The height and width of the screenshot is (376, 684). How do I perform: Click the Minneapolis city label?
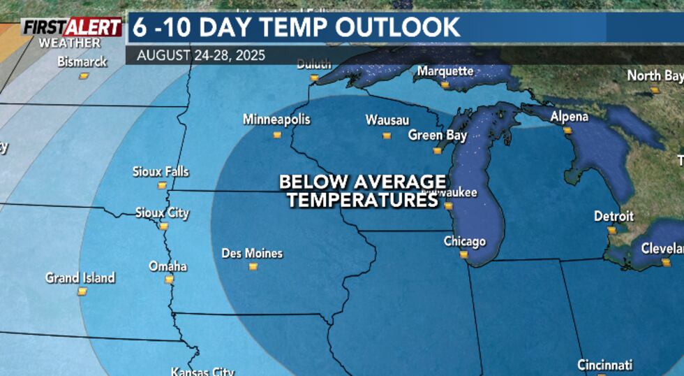point(276,120)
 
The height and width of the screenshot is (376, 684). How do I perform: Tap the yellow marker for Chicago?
point(463,254)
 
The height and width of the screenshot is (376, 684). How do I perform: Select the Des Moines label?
point(252,253)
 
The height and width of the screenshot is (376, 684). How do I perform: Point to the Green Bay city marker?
point(437,150)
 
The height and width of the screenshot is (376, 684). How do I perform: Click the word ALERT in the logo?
point(93,27)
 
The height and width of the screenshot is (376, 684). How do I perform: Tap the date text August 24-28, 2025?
point(201,55)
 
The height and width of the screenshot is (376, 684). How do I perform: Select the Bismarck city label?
point(82,62)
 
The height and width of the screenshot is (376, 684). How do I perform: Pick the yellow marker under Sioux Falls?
point(162,185)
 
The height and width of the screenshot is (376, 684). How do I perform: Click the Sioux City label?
point(162,213)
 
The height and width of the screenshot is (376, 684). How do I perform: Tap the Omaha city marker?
point(168,280)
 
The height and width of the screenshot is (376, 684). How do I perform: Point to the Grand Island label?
point(80,277)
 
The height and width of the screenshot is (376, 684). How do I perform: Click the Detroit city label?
point(614,217)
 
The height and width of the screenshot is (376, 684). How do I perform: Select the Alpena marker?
point(567,130)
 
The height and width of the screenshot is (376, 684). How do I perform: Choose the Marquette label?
point(445,71)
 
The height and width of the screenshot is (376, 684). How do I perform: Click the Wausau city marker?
point(386,135)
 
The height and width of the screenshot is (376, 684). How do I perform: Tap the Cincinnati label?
point(604,365)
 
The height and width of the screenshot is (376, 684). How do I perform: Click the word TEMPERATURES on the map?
point(362,201)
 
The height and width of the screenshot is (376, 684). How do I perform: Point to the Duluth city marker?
point(314,78)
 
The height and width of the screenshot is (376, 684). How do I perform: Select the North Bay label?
point(655,75)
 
